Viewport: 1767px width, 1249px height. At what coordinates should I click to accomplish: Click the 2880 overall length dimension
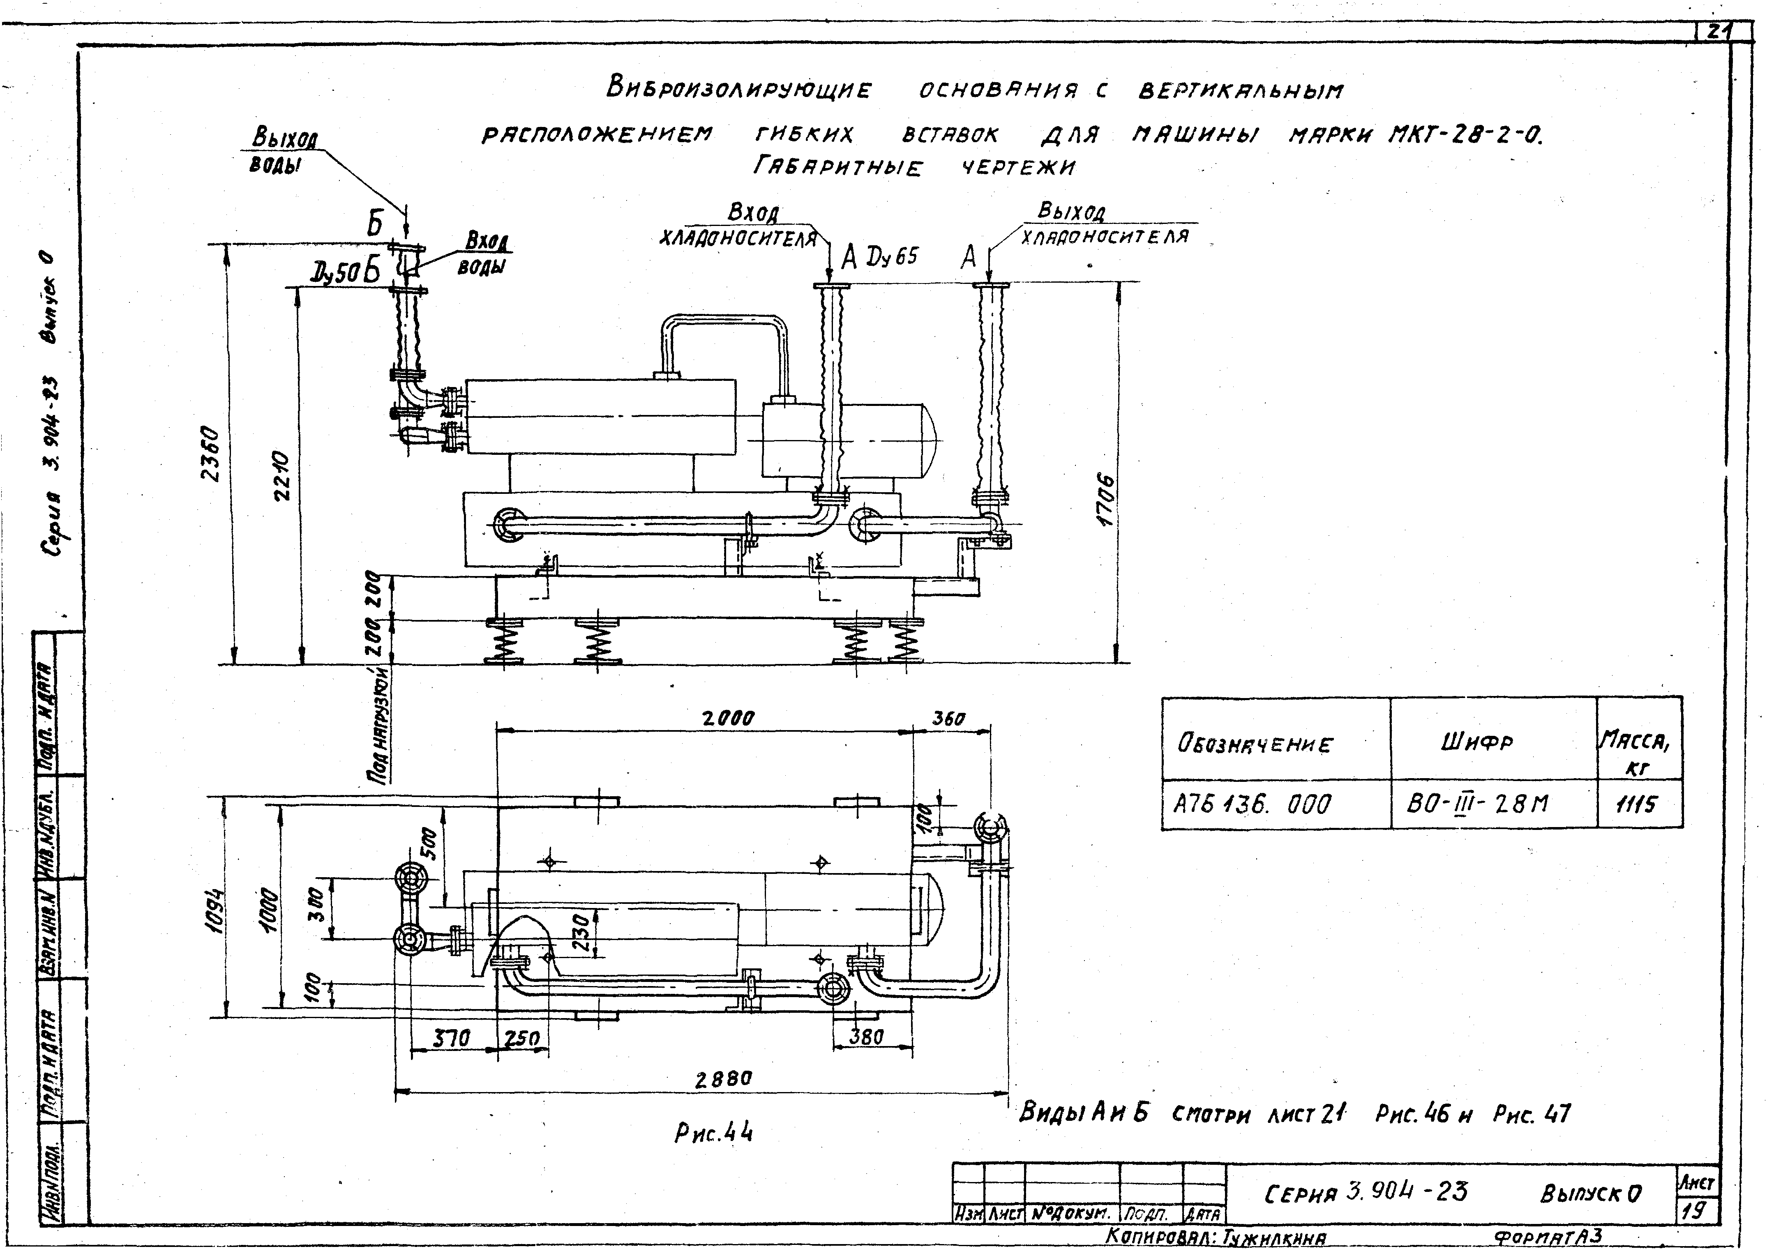point(723,1080)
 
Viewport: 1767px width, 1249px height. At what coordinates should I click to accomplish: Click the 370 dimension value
point(450,1039)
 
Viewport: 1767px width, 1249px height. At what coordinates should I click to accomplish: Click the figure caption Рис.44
point(713,1132)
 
